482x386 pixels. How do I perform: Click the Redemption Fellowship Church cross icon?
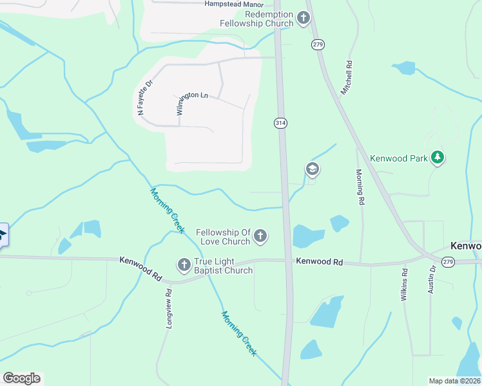coord(304,19)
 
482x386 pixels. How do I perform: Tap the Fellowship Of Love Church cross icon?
coord(260,236)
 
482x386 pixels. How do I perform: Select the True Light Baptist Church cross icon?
coord(184,264)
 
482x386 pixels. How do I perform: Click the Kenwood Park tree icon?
coord(438,158)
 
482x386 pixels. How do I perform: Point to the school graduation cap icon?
coord(313,169)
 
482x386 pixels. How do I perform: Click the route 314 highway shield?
coord(280,123)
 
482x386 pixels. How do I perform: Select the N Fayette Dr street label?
coord(144,97)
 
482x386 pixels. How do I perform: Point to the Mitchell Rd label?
coord(348,78)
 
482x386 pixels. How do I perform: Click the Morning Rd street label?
coord(360,187)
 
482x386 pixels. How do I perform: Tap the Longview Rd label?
coord(169,309)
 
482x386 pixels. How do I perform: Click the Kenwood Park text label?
coord(400,158)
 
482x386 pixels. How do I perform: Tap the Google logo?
coord(21,378)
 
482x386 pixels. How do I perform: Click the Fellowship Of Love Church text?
coord(223,237)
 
